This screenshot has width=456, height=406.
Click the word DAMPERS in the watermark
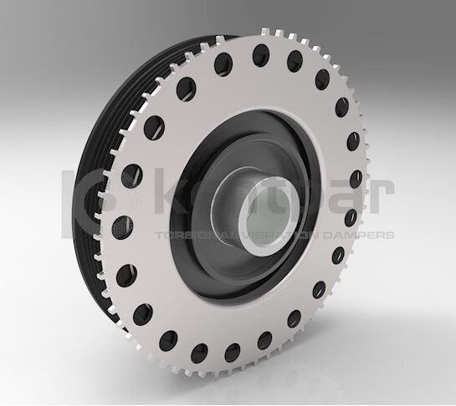click(366, 236)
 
